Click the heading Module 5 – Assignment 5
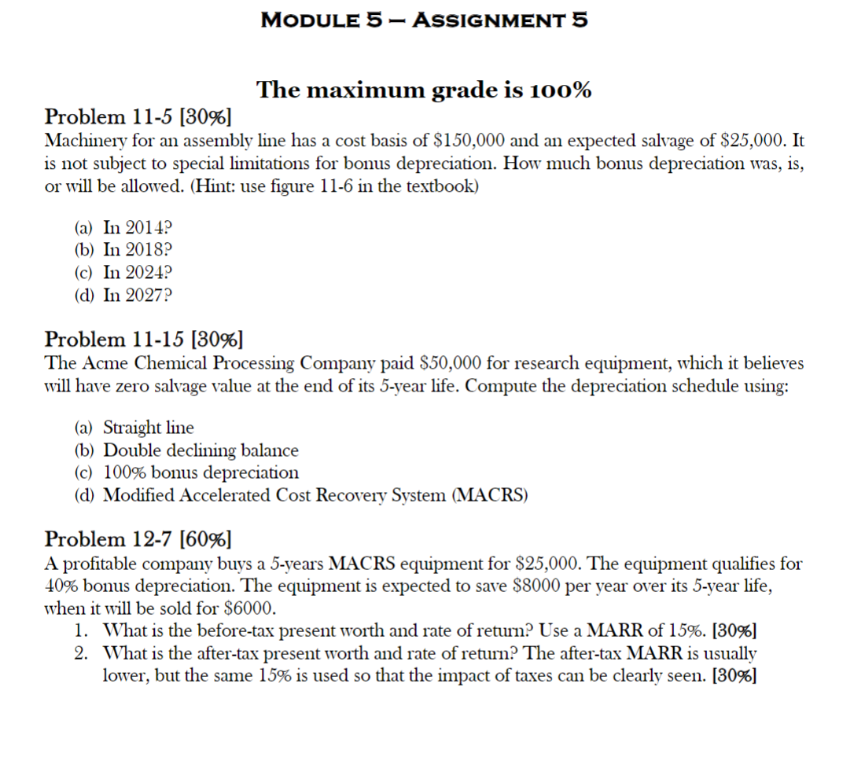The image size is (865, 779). pos(424,20)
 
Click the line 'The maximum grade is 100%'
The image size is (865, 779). pos(424,90)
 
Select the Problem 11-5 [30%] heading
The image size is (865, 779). pos(138,117)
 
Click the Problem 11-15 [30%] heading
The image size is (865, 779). pos(144,340)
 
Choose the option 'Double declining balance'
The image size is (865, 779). pos(201,450)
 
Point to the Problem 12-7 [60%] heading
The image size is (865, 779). pos(138,539)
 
